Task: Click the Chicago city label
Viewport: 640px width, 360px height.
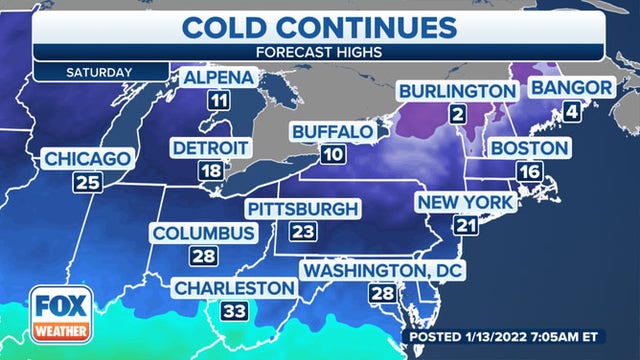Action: [x=88, y=159]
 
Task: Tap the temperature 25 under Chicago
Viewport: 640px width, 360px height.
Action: [x=87, y=182]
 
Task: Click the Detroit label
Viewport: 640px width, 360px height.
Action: [x=211, y=148]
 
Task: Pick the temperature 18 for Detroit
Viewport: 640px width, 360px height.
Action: [x=210, y=171]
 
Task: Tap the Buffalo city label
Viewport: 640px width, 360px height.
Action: [x=335, y=132]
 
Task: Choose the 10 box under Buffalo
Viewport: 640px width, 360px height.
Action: [x=334, y=155]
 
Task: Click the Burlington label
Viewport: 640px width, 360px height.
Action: [x=458, y=92]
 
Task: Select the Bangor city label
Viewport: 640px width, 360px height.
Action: [x=570, y=88]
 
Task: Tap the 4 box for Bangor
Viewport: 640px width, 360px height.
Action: [x=572, y=112]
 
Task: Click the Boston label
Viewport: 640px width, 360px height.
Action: [x=529, y=148]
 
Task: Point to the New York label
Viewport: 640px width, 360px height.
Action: [x=465, y=203]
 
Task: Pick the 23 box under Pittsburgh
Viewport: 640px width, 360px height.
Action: [x=302, y=232]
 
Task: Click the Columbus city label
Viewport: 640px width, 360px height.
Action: [x=203, y=234]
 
